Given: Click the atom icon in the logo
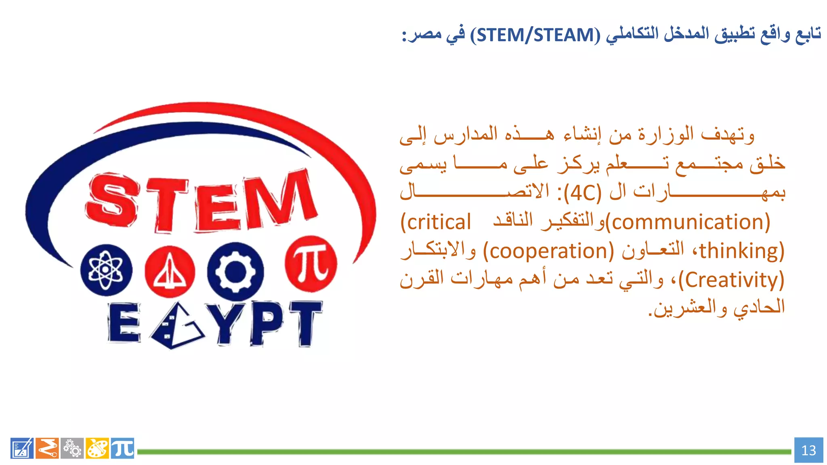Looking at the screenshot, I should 106,270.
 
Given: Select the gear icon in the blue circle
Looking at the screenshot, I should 235,271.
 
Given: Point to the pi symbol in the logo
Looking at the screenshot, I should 311,264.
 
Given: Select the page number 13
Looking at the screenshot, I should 808,450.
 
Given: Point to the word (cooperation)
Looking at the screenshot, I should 548,251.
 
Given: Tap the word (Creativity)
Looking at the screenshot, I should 731,280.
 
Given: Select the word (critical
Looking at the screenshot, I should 436,222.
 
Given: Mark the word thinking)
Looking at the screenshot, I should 741,251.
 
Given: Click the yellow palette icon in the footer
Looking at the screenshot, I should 97,448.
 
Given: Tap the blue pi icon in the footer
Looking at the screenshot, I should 122,448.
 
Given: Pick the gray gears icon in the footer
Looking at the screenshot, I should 72,448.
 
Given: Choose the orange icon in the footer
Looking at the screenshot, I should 47,448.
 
